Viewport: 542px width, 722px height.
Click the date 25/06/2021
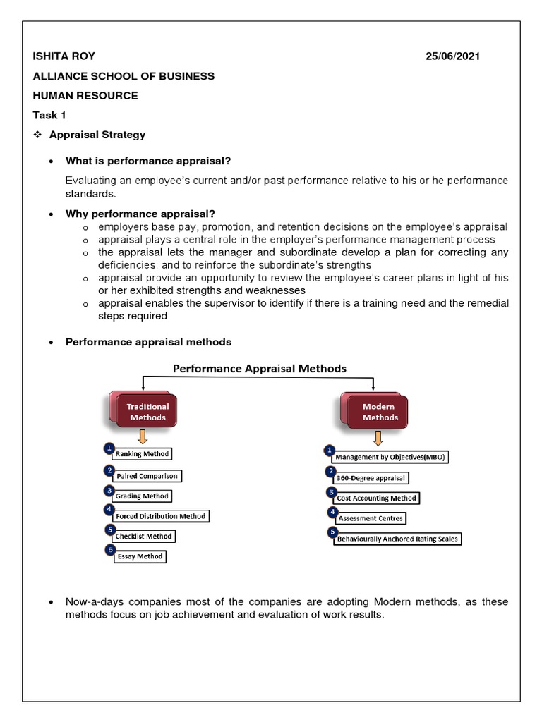452,56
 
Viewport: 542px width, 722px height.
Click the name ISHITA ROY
64,56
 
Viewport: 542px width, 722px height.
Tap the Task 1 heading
48,115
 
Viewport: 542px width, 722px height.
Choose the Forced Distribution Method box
161,516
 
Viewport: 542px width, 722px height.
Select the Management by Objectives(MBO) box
391,457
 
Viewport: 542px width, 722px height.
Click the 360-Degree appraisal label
371,478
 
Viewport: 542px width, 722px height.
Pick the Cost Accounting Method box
377,498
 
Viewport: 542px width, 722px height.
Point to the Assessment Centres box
371,518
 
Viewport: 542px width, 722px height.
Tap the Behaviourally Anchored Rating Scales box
397,539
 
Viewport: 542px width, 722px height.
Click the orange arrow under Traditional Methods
143,436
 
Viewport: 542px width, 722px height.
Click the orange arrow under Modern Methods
378,436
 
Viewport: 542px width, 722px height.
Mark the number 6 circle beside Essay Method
109,550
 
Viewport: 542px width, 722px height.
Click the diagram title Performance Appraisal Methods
260,368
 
